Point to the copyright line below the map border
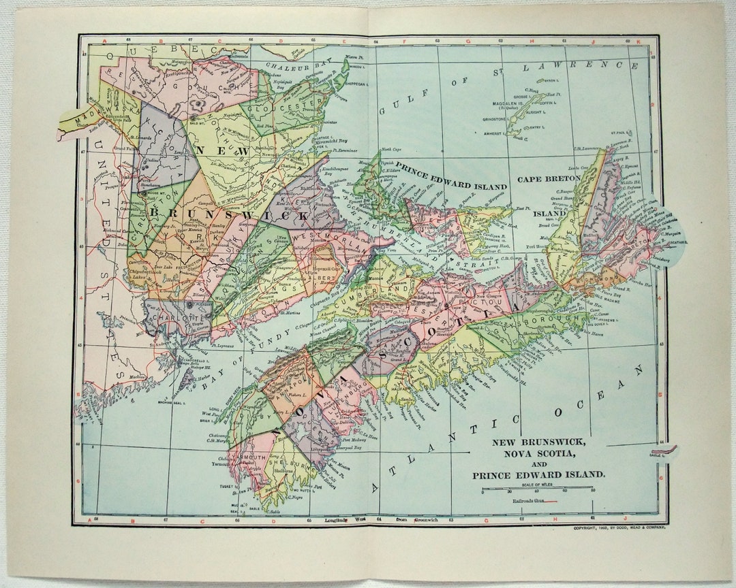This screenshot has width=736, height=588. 619,527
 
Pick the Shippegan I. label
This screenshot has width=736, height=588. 357,84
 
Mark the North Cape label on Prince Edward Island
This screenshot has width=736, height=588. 391,148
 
